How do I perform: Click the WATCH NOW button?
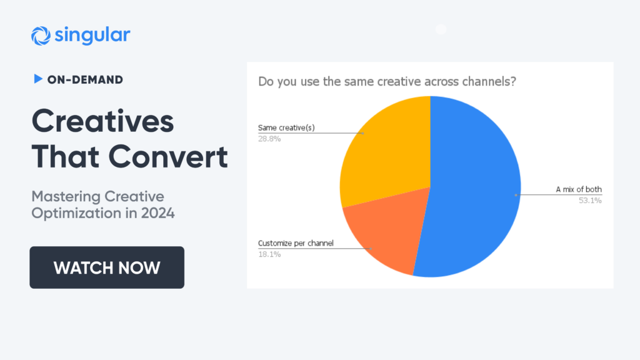tap(107, 267)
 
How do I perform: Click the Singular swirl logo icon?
tap(41, 36)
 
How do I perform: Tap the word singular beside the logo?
tap(92, 35)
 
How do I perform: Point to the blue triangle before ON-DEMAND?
tap(38, 79)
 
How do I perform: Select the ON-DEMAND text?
tap(85, 79)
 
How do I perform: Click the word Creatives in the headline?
tap(103, 121)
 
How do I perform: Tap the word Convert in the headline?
tap(168, 157)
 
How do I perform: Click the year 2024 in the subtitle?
tap(158, 213)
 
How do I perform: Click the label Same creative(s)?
tap(286, 127)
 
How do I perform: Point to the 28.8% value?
tap(269, 139)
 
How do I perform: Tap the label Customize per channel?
tap(296, 243)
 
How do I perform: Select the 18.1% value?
tap(269, 254)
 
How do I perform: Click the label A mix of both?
tap(579, 189)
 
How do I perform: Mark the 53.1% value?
tap(590, 201)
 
